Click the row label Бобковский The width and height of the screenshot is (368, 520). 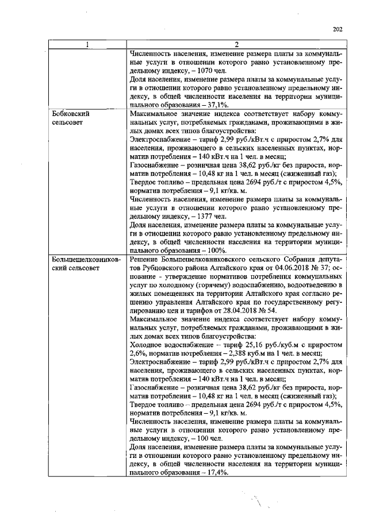click(x=71, y=114)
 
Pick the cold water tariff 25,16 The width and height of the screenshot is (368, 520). click(x=237, y=345)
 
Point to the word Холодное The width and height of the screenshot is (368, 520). click(x=148, y=345)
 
